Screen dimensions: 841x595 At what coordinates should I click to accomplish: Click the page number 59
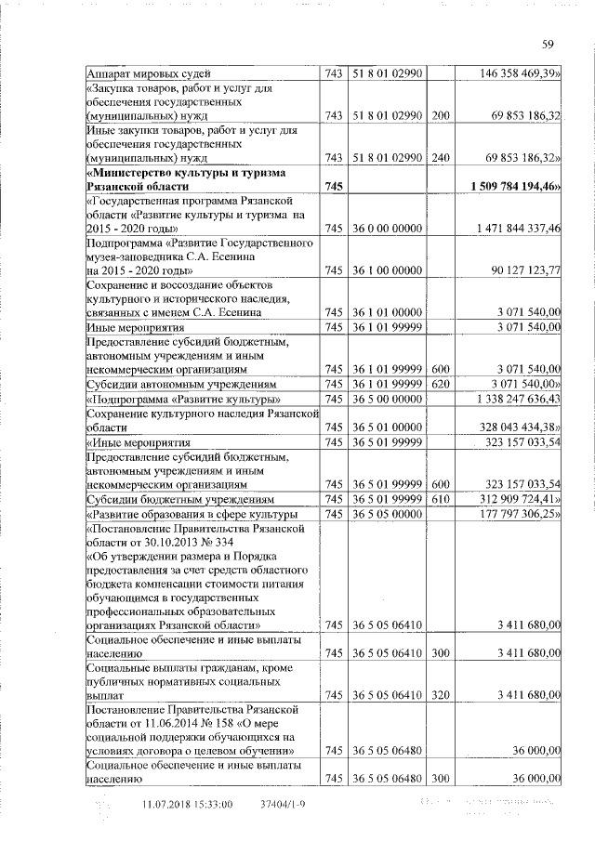548,43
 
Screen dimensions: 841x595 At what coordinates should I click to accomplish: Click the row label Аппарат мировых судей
150,72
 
